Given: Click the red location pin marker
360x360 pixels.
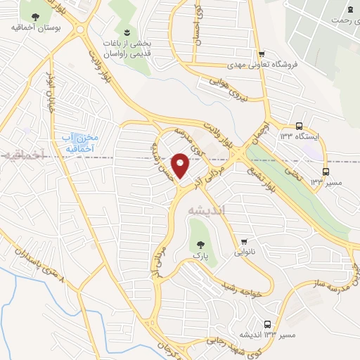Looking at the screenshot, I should [180, 165].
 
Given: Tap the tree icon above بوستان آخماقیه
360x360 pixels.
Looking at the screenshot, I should [35, 16].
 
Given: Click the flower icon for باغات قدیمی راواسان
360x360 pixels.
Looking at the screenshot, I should [127, 33].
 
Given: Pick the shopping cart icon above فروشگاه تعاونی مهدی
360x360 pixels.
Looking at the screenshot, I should [262, 54].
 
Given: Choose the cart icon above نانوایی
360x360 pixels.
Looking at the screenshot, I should [243, 241].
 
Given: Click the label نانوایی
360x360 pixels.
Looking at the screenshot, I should [243, 252].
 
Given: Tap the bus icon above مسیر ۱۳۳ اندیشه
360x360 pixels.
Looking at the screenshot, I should [279, 323].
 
